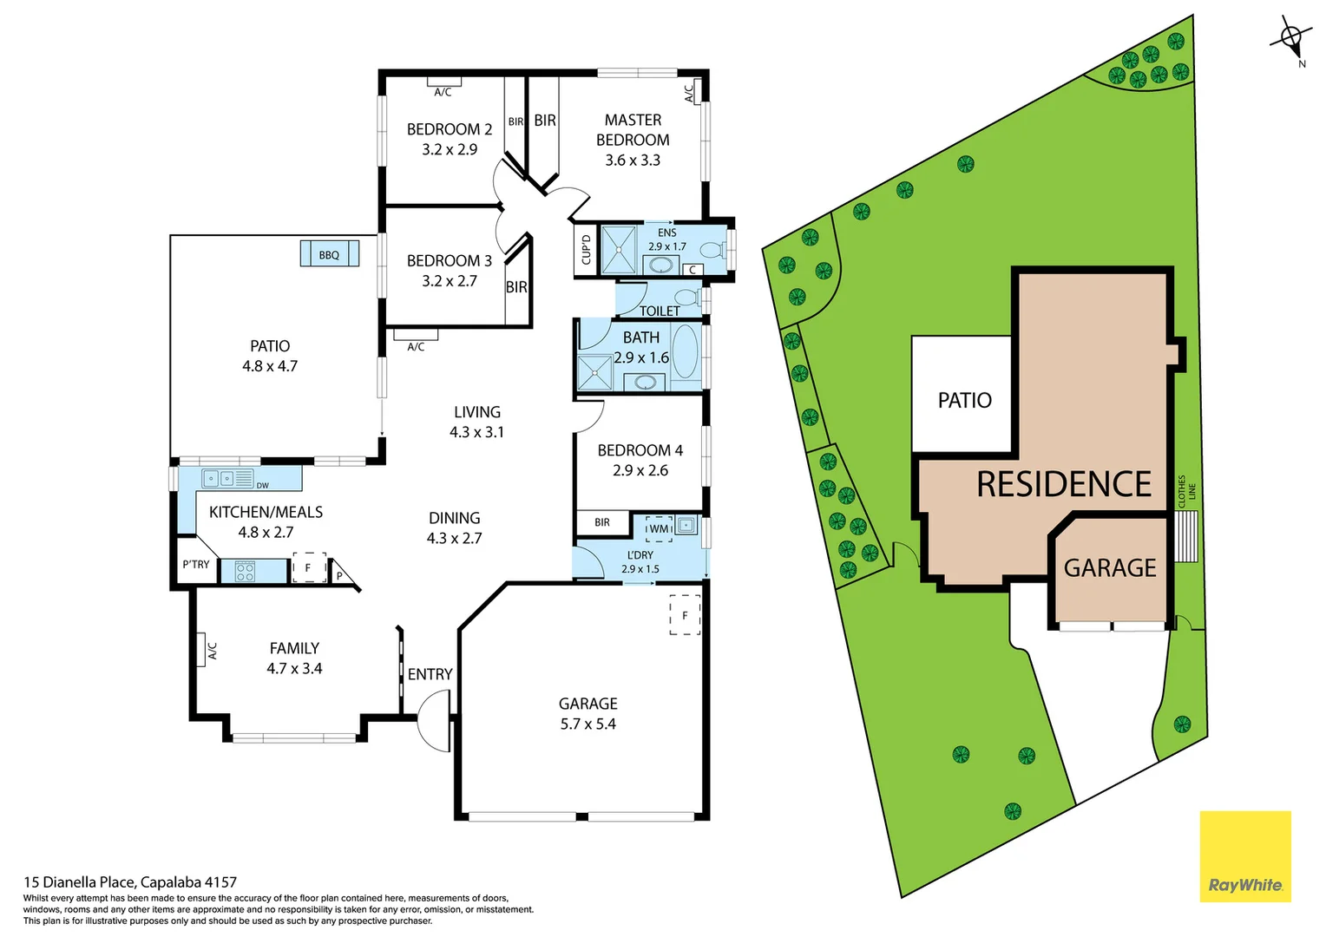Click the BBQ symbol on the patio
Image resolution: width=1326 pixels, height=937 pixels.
329,254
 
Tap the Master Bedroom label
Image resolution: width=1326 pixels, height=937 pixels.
633,130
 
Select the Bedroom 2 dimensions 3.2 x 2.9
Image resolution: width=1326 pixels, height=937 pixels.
450,150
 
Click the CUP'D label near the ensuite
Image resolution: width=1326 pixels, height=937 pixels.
586,250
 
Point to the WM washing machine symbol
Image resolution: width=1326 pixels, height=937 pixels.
660,528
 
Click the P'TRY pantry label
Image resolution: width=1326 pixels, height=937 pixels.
196,565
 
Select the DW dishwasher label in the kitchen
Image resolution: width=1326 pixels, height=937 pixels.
262,486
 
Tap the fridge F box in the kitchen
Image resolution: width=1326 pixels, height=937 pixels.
308,568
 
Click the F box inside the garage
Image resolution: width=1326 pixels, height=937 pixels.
685,616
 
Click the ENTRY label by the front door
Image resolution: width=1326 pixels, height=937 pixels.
430,674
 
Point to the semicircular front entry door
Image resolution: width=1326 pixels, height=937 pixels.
434,720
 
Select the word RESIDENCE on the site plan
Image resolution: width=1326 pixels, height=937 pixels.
1064,484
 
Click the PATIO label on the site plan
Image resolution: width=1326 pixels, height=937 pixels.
964,400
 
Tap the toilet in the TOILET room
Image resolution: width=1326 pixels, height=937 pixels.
688,299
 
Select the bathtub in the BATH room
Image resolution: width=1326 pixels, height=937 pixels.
685,353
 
